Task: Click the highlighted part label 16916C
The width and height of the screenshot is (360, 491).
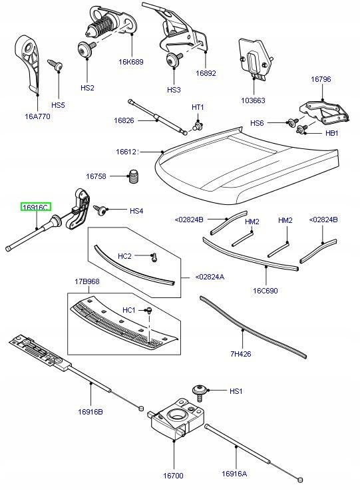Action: (35, 208)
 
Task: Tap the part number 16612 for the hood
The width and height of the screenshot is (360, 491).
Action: (126, 152)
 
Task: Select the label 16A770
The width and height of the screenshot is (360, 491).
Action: (37, 116)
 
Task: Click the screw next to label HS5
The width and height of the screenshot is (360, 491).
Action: (58, 65)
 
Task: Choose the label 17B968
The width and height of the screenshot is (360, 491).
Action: (87, 281)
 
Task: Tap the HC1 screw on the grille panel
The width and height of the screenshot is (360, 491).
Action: (150, 310)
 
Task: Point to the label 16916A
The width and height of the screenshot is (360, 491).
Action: (234, 474)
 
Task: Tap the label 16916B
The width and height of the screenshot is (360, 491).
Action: (91, 411)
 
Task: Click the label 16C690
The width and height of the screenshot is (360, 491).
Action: (266, 290)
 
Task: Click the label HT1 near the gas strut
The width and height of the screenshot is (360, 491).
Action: (198, 107)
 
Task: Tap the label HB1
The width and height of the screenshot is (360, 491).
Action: (332, 133)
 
